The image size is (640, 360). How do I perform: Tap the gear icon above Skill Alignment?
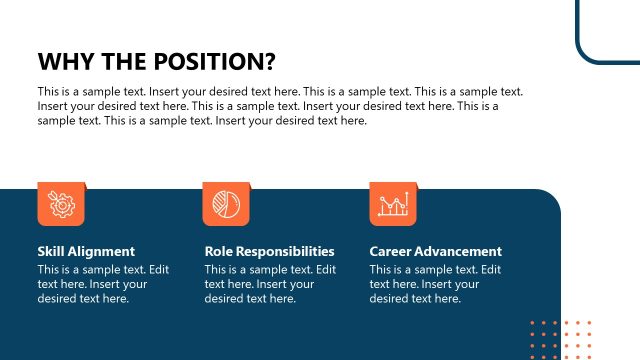[x=61, y=204]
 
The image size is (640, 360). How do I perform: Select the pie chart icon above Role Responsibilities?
[x=226, y=204]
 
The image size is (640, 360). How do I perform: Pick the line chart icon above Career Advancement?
[x=393, y=204]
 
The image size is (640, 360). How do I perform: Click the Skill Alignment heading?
[x=86, y=252]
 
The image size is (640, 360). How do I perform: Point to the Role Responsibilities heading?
[x=269, y=252]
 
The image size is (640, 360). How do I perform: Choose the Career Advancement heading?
[x=436, y=252]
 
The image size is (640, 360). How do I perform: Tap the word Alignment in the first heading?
[x=101, y=252]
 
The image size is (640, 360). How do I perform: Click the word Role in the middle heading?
[x=219, y=252]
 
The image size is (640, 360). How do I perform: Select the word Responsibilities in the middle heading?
[x=286, y=252]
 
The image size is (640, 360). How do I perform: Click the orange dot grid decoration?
[x=561, y=338]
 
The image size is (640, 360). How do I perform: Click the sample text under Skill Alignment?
[x=89, y=284]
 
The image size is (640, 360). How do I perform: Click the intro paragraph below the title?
[x=280, y=106]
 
